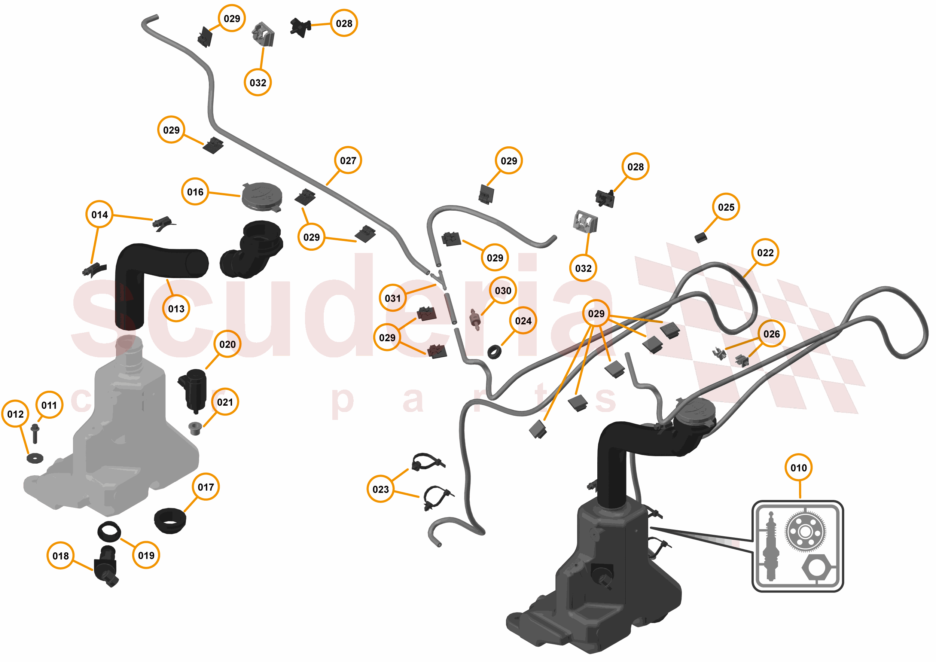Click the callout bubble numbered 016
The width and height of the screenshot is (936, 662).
coord(195,192)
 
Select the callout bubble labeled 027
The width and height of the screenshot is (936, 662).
coord(348,160)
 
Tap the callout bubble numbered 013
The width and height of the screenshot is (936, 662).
coord(176,309)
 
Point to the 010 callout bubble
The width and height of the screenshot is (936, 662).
coord(798,467)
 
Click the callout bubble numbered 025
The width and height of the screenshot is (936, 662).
coord(726,207)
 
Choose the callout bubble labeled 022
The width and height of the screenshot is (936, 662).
coord(765,252)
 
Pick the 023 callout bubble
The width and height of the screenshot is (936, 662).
coord(380,489)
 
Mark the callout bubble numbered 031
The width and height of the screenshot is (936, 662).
coord(393,298)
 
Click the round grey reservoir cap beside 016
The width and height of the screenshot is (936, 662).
coord(262,196)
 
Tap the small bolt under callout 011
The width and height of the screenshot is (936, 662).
coord(35,433)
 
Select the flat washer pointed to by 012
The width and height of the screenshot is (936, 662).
coord(35,458)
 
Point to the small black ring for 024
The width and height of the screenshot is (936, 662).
coord(494,352)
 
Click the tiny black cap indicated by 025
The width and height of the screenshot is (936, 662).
coord(700,237)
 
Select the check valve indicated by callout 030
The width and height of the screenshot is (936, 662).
coord(475,319)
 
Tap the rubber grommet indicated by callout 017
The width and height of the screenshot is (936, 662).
coord(170,521)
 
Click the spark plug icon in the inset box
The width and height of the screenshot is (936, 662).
coord(770,546)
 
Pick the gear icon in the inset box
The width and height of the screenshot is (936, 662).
coord(805,531)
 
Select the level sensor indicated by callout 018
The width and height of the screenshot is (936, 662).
coord(107,566)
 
